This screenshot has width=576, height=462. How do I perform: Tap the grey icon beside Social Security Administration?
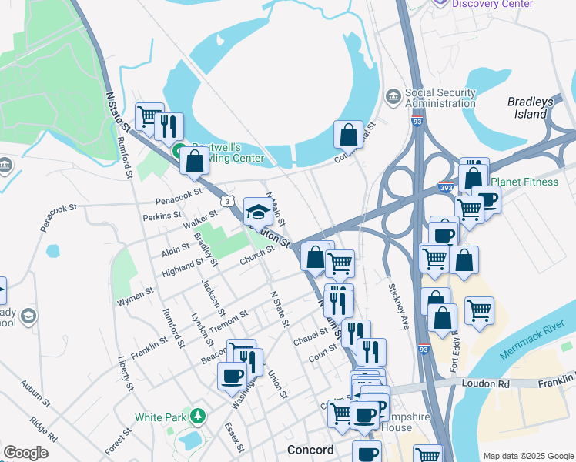click(393, 97)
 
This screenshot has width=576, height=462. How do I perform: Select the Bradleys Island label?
click(531, 108)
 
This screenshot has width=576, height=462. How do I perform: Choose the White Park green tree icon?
click(199, 417)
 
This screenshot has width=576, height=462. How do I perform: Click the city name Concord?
click(310, 450)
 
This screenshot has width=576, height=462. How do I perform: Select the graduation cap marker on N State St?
click(258, 209)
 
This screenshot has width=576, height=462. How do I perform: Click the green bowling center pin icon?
click(178, 150)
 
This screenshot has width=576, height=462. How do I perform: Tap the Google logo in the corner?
click(25, 453)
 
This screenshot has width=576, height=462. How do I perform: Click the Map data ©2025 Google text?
click(527, 456)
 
